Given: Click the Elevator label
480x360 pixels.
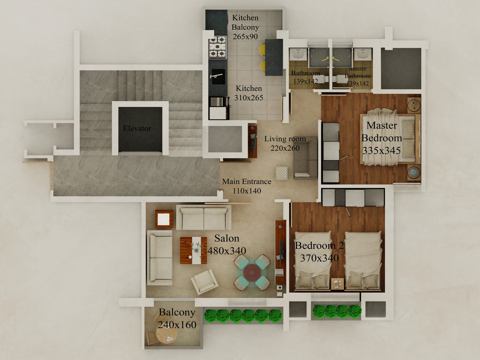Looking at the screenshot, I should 137,128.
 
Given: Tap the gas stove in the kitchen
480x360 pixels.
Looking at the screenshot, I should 217,47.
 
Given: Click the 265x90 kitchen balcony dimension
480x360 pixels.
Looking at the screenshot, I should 245,37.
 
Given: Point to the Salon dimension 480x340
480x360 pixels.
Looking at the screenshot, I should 227,251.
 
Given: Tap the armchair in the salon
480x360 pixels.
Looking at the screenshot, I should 205,281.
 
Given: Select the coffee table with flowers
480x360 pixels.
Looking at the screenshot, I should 193,250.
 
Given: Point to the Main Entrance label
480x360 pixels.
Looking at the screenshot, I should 247,181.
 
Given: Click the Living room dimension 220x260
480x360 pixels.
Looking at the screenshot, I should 285,148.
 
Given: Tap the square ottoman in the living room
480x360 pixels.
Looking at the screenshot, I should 281,173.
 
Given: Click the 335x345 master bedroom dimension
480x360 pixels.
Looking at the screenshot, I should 381,151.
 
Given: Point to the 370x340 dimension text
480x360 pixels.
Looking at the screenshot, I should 319,258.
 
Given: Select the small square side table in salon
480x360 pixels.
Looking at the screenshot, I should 164,219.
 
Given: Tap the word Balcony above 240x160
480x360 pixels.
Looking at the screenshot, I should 177,312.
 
